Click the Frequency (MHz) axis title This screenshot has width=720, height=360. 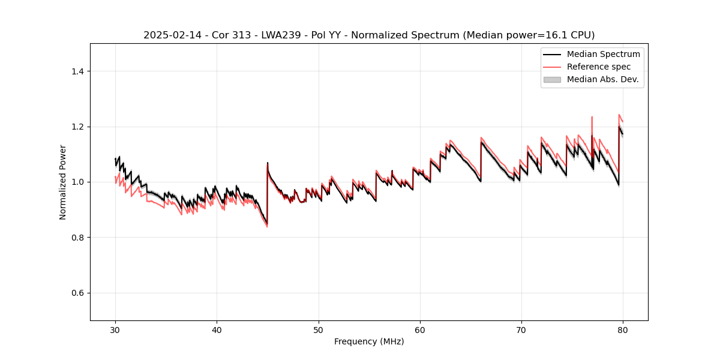[369, 341]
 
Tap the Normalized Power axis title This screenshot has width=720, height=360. [63, 182]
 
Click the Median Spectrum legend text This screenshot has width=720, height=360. [603, 54]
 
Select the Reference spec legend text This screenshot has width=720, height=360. [599, 67]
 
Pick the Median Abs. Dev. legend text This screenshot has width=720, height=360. [602, 79]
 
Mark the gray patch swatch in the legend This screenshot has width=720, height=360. [552, 79]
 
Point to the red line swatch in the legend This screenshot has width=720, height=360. [552, 67]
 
